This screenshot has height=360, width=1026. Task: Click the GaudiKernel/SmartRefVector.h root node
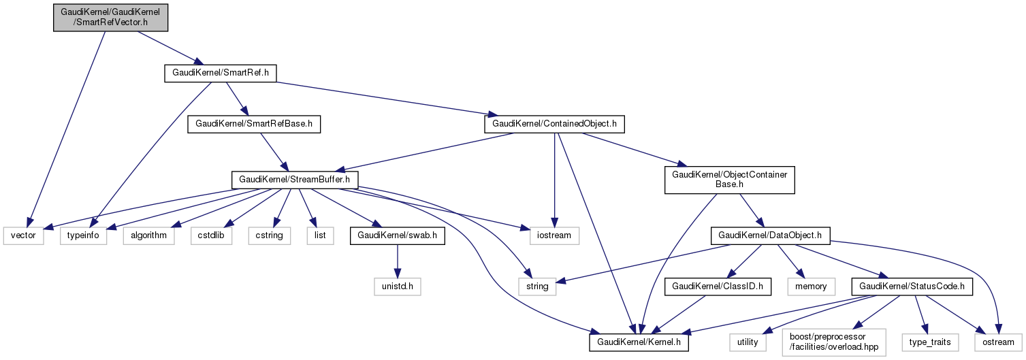[x=111, y=16]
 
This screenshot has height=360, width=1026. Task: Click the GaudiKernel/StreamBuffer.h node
[x=295, y=180]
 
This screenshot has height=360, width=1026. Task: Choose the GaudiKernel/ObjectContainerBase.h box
[x=730, y=180]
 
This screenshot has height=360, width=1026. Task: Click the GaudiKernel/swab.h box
[x=398, y=235]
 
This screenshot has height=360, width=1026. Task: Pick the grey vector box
[x=24, y=235]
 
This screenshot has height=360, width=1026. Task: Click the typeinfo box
[x=84, y=235]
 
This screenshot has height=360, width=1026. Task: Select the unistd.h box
[x=398, y=287]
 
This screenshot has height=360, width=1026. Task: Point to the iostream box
[x=554, y=235]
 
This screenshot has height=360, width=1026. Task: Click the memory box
[x=809, y=287]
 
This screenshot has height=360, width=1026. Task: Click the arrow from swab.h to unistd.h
[x=398, y=261]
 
